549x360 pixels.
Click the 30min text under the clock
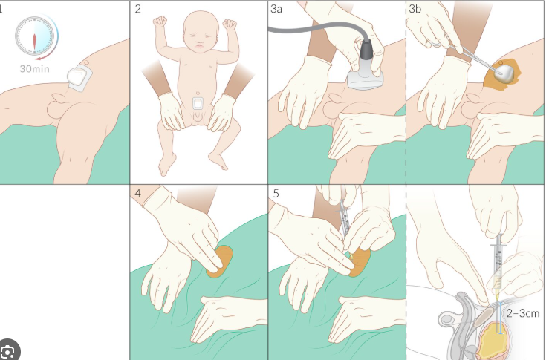pyautogui.click(x=35, y=68)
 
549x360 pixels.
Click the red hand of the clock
pyautogui.click(x=34, y=42)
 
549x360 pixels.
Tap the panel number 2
pyautogui.click(x=137, y=9)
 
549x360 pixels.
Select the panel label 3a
pyautogui.click(x=276, y=9)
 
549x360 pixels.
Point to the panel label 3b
pyautogui.click(x=415, y=9)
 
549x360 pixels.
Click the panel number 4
pyautogui.click(x=137, y=193)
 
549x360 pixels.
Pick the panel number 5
pyautogui.click(x=276, y=193)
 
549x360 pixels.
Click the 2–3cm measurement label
pyautogui.click(x=523, y=313)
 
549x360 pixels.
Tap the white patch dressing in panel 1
pyautogui.click(x=79, y=78)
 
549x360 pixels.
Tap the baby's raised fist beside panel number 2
pyautogui.click(x=160, y=22)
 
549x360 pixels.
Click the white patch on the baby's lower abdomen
pyautogui.click(x=198, y=103)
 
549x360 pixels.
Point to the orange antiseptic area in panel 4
pyautogui.click(x=220, y=262)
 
